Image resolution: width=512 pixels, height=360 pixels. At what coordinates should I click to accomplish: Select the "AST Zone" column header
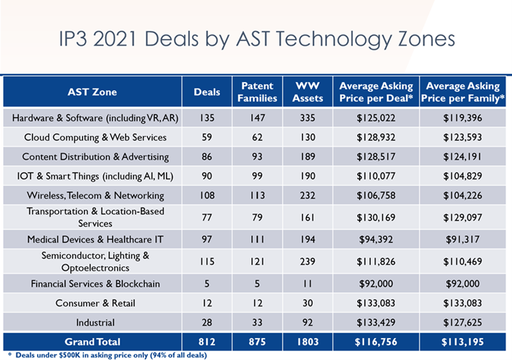92,92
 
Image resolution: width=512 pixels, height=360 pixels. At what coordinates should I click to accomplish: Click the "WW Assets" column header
308,92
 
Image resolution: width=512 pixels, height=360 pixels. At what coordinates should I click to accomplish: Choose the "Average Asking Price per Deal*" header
376,92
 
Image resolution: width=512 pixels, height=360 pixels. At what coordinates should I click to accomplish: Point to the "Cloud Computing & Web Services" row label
95,137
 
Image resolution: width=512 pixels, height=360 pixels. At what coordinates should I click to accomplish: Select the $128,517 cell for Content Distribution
376,156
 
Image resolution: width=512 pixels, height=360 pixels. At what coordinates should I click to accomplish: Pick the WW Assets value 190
308,176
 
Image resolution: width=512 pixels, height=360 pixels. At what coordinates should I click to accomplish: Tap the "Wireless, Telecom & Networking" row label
95,195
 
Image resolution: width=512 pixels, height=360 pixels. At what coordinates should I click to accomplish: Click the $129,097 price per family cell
464,217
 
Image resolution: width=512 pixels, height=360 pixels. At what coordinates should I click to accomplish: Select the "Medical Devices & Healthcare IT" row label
95,240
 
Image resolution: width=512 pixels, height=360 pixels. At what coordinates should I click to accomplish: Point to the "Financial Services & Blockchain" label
95,283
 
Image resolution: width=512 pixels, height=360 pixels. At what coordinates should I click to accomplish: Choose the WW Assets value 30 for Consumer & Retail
308,303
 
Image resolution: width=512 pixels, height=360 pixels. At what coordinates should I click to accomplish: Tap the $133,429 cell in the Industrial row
376,322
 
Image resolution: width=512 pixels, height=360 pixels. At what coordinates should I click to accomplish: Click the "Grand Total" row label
92,342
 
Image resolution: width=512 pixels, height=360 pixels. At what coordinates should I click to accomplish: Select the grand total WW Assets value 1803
308,342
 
